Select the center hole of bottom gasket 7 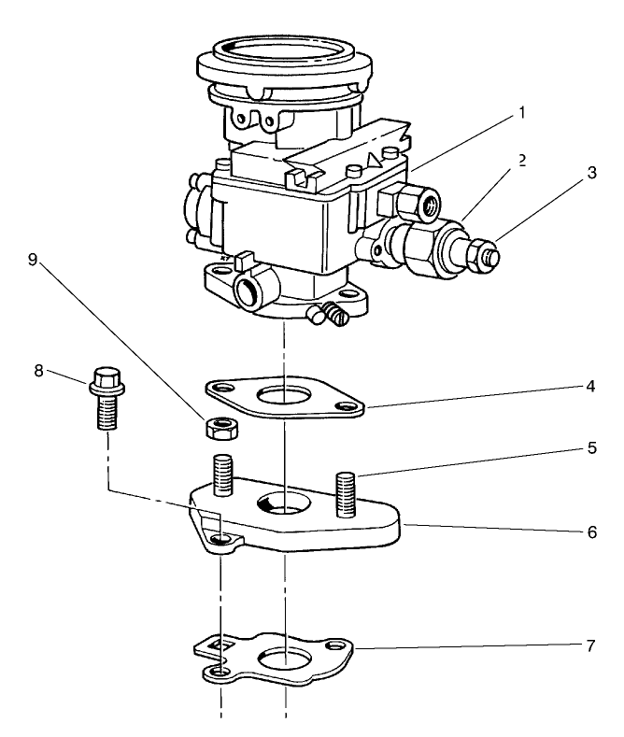coord(284,659)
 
